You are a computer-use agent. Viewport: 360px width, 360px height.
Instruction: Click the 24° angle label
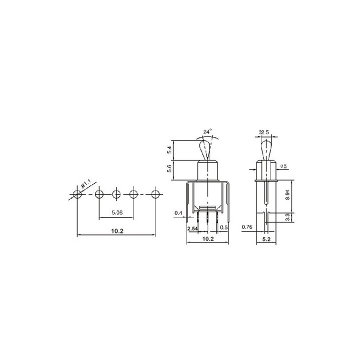point(207,132)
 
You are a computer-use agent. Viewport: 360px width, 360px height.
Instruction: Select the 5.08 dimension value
point(117,212)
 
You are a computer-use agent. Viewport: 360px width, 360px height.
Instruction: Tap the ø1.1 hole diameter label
point(86,185)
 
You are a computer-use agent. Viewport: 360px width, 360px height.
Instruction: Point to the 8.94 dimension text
point(287,194)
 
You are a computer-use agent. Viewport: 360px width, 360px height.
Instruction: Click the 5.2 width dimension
point(266,239)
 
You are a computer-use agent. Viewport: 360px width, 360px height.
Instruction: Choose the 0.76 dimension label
point(247,227)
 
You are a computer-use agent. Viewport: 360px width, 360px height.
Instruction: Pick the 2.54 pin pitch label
point(192,228)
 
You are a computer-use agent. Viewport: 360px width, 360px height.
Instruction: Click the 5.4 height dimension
point(169,150)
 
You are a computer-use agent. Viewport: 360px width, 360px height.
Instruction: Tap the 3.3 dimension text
point(287,217)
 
